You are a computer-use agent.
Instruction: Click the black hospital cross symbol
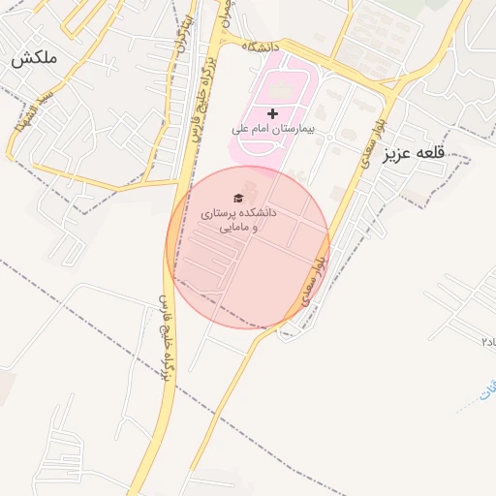272,113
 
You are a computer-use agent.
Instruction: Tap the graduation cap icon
238,198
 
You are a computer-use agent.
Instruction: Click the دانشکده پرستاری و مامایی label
239,220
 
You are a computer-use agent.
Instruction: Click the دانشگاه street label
261,46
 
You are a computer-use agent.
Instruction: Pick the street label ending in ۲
488,342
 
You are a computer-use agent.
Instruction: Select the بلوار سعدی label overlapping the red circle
313,281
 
